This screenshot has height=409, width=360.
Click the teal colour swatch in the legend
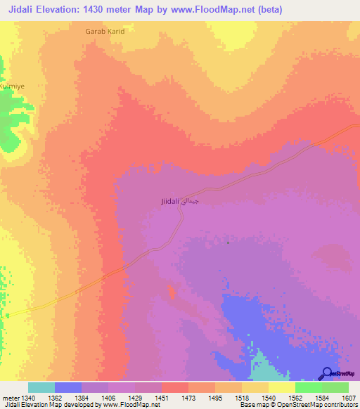click(x=41, y=387)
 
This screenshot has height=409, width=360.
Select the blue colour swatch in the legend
click(x=68, y=387)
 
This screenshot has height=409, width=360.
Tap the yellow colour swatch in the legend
click(x=282, y=387)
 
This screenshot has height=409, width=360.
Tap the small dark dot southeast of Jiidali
click(x=229, y=242)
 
